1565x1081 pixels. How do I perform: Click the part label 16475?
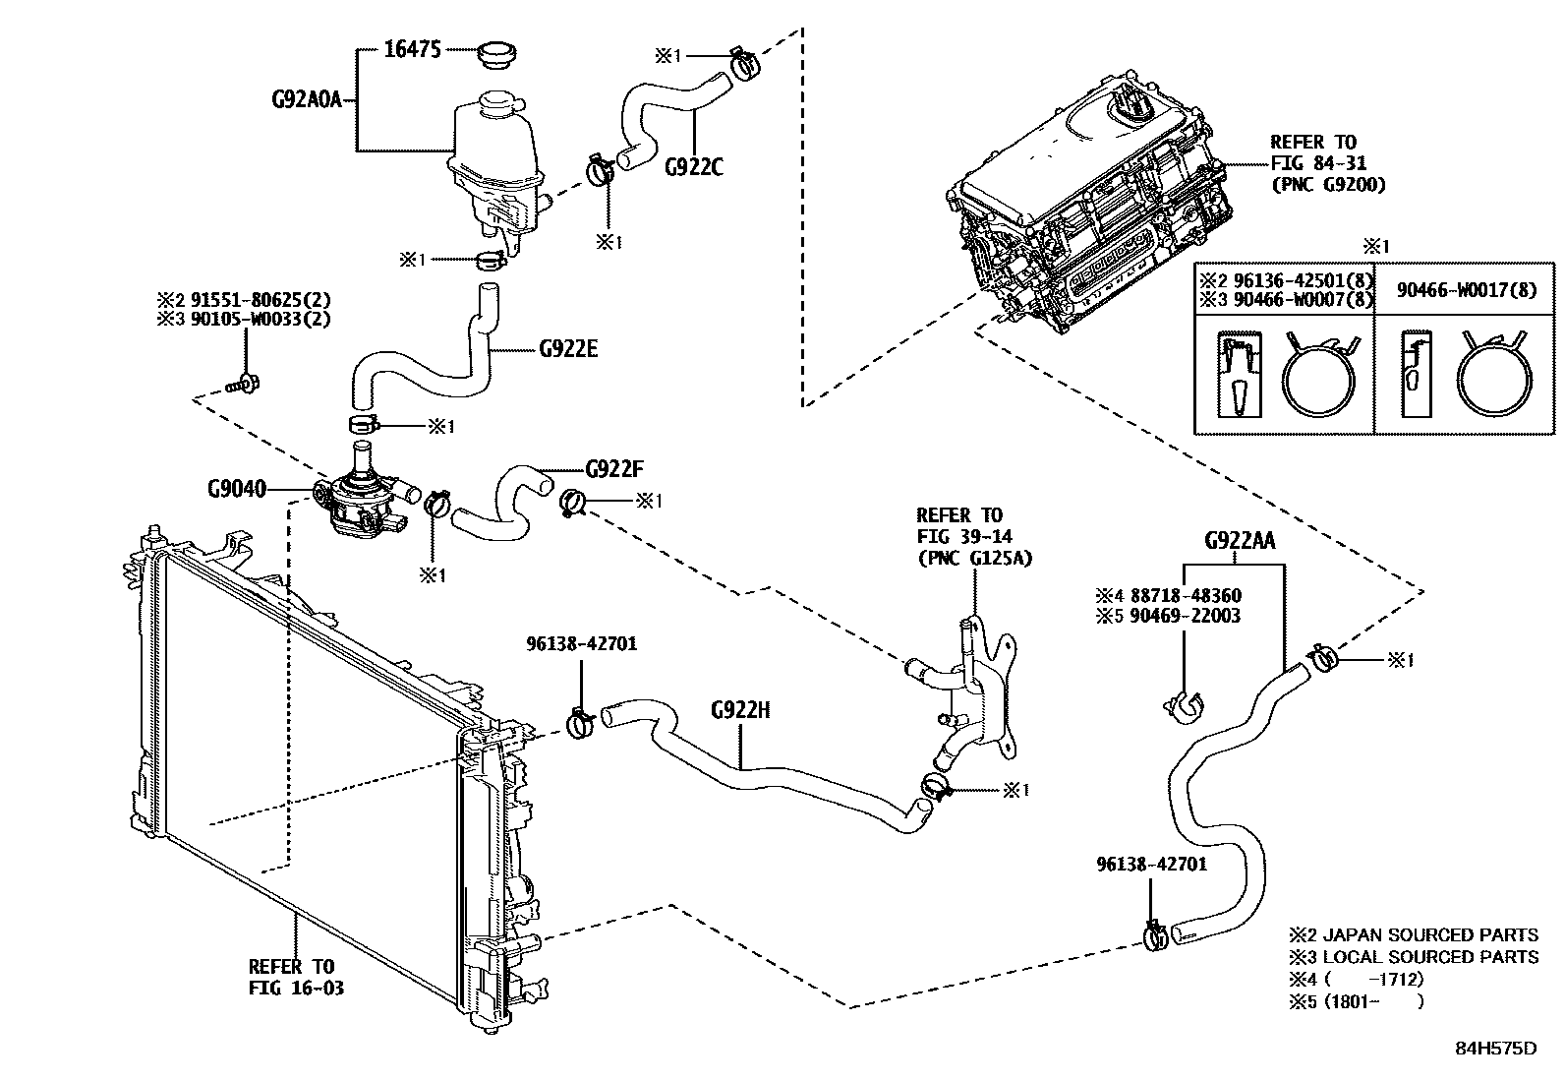point(413,49)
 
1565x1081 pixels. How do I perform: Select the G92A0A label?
point(306,99)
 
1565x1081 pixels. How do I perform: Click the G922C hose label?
point(693,166)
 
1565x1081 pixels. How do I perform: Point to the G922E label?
point(568,348)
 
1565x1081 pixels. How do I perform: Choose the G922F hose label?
point(614,468)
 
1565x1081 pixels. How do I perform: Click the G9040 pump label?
point(236,488)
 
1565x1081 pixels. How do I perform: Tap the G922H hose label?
point(740,709)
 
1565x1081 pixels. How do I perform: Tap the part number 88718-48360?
point(1185,595)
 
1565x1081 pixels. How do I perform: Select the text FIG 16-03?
point(296,987)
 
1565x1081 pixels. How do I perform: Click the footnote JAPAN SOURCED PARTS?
point(1429,934)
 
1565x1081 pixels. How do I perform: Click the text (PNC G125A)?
point(974,558)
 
